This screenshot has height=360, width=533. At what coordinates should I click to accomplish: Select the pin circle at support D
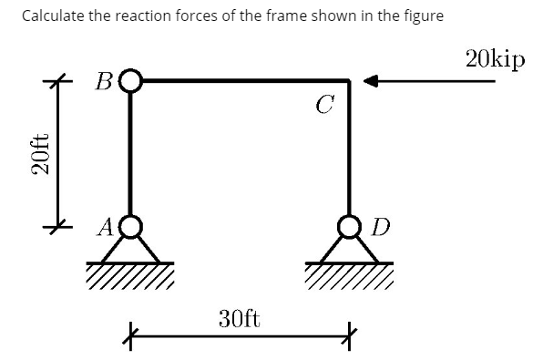click(x=349, y=225)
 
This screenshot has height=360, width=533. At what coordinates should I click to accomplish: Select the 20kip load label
click(x=494, y=59)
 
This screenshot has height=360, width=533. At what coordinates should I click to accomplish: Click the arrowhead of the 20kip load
click(x=370, y=81)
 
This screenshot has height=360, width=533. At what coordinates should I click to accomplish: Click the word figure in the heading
click(x=423, y=16)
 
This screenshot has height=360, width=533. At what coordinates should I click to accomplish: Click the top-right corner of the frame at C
click(x=349, y=81)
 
